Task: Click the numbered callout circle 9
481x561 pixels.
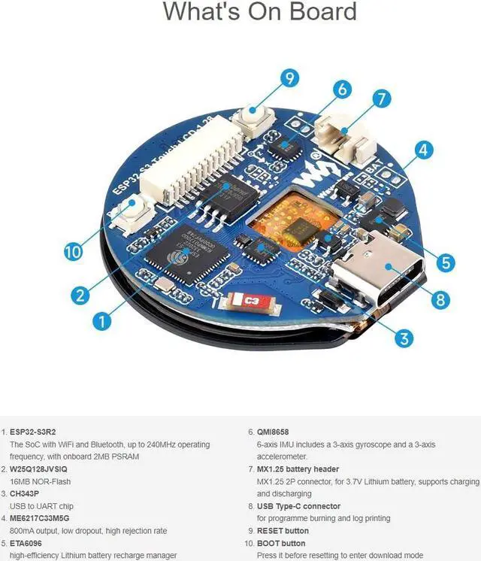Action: coord(289,77)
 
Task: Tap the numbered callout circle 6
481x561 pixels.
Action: coord(343,89)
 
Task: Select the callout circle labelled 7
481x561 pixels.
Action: coord(382,99)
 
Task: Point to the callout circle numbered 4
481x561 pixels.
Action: coord(424,150)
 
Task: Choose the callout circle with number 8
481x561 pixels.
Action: coord(441,299)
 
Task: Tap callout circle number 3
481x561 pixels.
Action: coord(405,338)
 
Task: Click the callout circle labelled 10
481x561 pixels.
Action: coord(73,252)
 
